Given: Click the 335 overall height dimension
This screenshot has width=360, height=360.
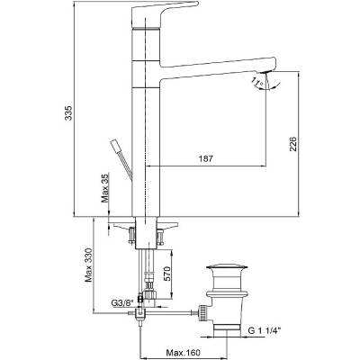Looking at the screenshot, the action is pos(69,112).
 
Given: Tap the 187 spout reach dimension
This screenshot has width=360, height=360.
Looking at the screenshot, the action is pos(206,158).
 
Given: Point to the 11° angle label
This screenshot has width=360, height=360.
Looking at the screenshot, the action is pos(257,83).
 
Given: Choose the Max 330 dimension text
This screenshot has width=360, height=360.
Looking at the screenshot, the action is pos(89,265).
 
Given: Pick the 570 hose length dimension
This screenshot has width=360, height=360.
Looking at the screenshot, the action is pos(166,274).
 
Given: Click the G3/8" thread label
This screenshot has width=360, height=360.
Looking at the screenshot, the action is pos(122,303).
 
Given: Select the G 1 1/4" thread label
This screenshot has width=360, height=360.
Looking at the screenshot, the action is pos(264,330).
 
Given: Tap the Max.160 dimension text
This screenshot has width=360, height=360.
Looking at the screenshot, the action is pos(184,352).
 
